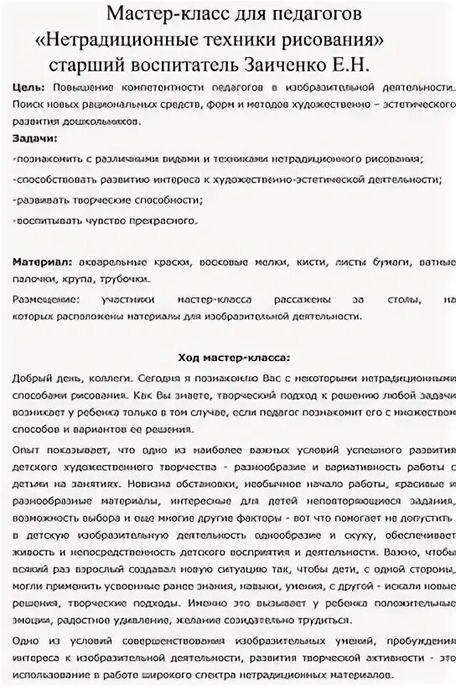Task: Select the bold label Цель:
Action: pos(30,88)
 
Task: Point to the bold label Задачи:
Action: pos(36,137)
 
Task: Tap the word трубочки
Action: pos(126,280)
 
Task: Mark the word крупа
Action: pos(80,280)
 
